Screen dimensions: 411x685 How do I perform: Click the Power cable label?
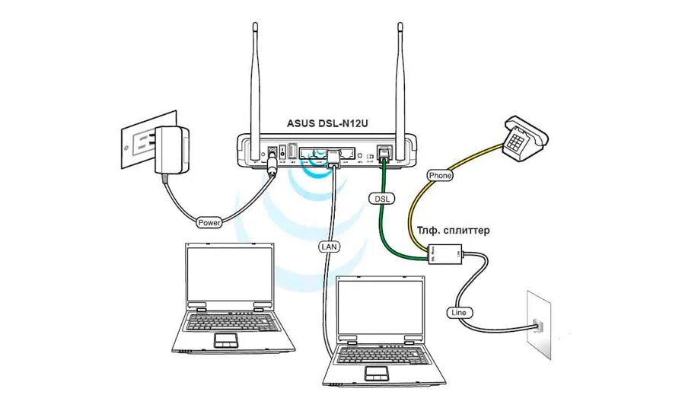(x=209, y=223)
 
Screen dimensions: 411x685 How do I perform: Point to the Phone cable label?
(x=440, y=176)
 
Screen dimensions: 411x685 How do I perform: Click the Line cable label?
(x=459, y=313)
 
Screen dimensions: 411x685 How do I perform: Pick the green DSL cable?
(x=387, y=228)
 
